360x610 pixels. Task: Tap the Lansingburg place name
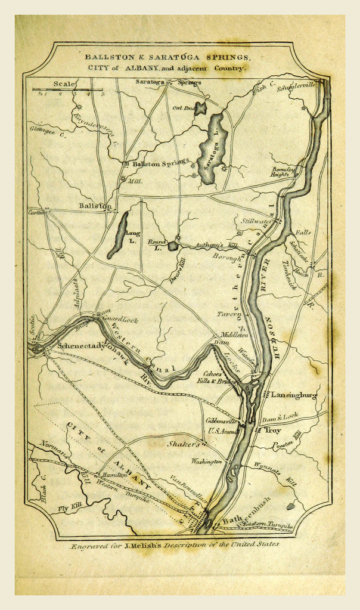tap(294, 395)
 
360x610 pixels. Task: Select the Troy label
tap(272, 429)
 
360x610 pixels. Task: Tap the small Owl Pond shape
tap(200, 109)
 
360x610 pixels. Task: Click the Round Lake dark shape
tap(172, 246)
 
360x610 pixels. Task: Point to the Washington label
tap(206, 461)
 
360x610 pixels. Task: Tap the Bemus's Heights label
tap(280, 172)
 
